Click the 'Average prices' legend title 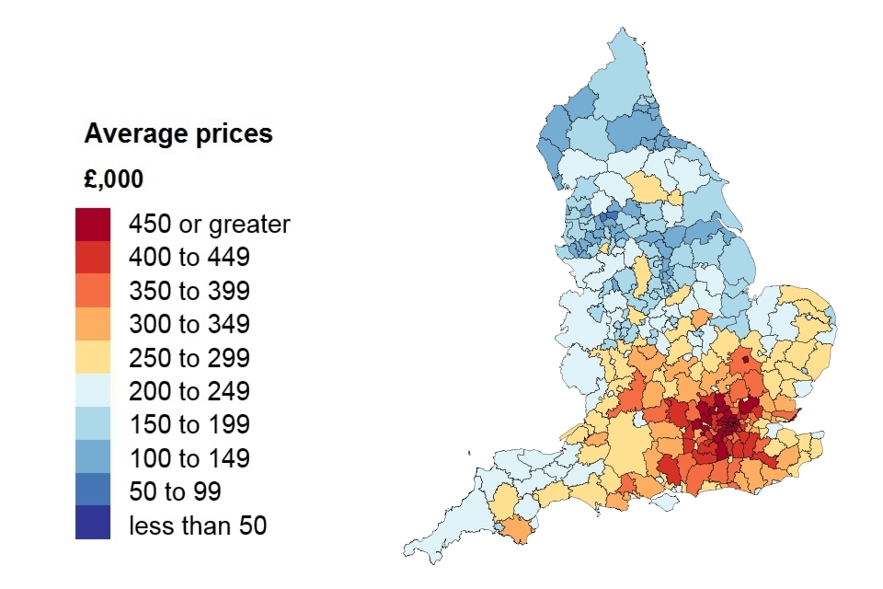pyautogui.click(x=178, y=133)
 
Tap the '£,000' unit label pyautogui.click(x=113, y=179)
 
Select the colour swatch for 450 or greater pyautogui.click(x=93, y=224)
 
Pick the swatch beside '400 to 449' pyautogui.click(x=93, y=257)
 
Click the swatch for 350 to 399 pyautogui.click(x=93, y=291)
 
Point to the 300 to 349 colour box pyautogui.click(x=93, y=324)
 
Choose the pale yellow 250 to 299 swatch pyautogui.click(x=93, y=357)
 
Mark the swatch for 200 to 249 pyautogui.click(x=93, y=390)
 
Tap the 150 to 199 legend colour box pyautogui.click(x=93, y=423)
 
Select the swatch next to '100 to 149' pyautogui.click(x=93, y=456)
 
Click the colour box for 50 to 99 pyautogui.click(x=93, y=490)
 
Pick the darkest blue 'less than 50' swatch pyautogui.click(x=93, y=523)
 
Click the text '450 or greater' pyautogui.click(x=210, y=224)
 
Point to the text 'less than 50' pyautogui.click(x=198, y=525)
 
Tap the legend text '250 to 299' pyautogui.click(x=189, y=357)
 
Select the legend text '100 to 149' pyautogui.click(x=189, y=457)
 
